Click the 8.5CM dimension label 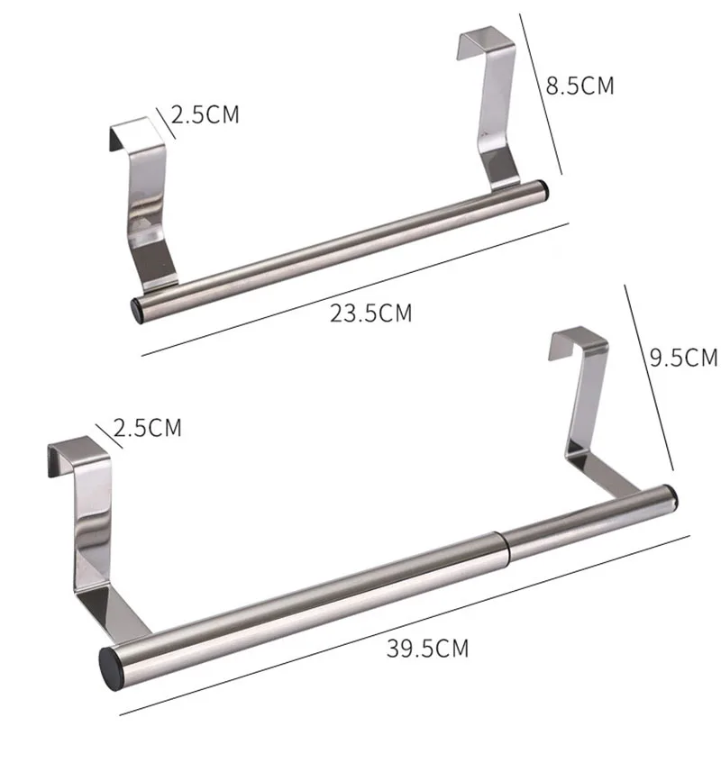click(580, 86)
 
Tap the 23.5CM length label click(371, 313)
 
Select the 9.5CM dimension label click(684, 358)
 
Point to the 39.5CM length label click(427, 649)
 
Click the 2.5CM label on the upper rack click(205, 114)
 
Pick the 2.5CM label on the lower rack click(147, 428)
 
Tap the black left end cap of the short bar click(137, 312)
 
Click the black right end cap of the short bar click(543, 188)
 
